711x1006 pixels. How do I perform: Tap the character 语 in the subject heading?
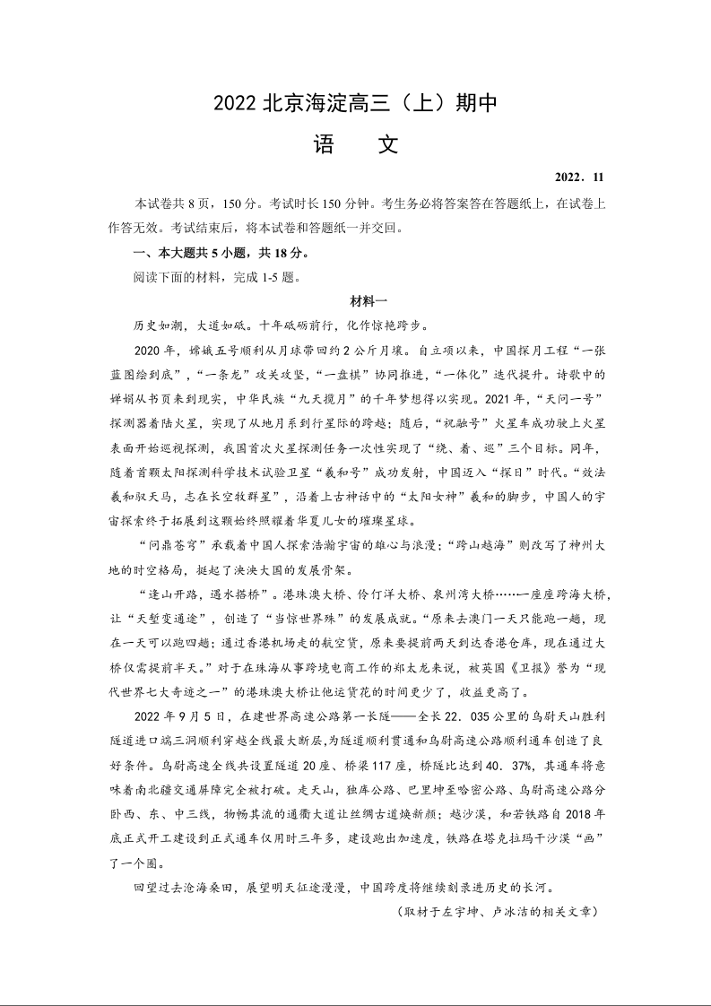tap(324, 145)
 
